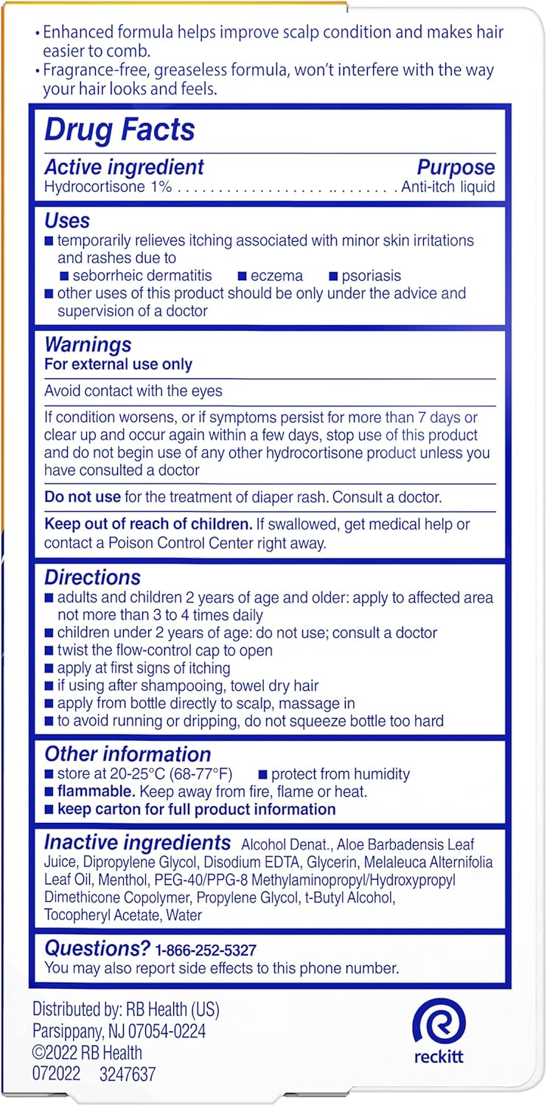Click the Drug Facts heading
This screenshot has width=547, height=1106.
119,130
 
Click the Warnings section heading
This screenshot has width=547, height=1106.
88,345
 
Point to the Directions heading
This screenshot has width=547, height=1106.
92,577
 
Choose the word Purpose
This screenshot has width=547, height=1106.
456,167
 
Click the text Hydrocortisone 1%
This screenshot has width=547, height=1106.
108,187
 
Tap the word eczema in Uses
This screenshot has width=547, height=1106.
276,276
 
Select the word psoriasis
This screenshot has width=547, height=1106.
371,276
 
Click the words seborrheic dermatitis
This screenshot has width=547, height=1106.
142,276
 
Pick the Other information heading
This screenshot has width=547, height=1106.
128,754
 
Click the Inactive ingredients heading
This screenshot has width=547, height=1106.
137,842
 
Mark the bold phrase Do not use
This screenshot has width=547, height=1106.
77,497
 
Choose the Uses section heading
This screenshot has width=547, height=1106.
67,220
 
